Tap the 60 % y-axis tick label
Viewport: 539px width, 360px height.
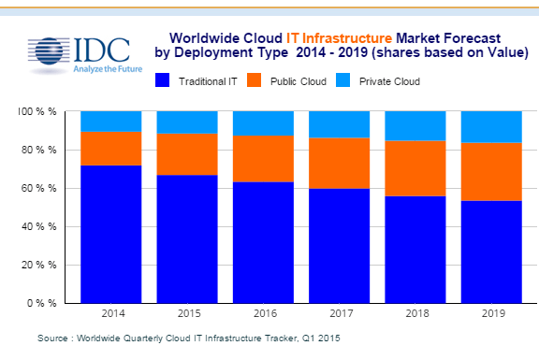(x=40, y=189)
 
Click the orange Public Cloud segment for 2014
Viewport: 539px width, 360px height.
(x=110, y=149)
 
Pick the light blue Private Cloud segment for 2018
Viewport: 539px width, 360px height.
(x=415, y=125)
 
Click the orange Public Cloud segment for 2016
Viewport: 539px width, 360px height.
(x=262, y=159)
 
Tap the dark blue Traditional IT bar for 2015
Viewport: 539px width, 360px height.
(x=186, y=238)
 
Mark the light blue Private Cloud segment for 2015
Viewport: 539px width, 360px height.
(x=186, y=122)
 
